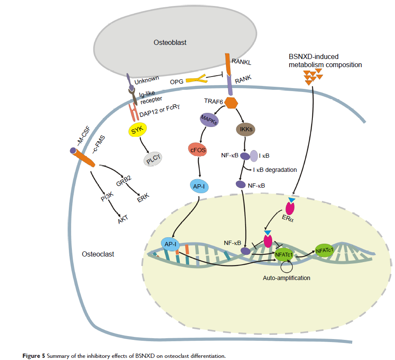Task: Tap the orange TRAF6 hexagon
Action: tap(231, 103)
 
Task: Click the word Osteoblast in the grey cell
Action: tap(170, 42)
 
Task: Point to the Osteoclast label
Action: tap(98, 254)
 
